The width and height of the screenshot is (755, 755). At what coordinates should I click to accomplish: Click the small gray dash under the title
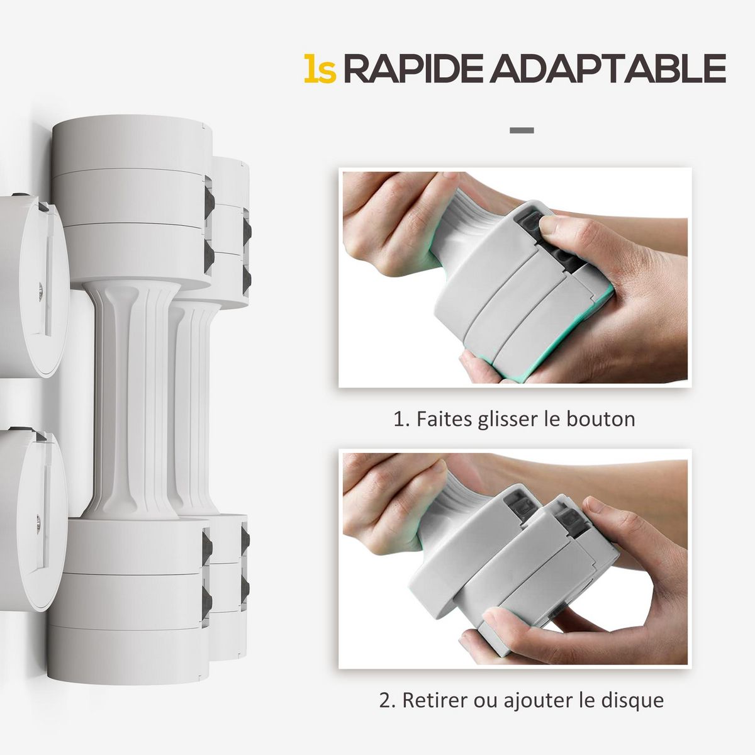(522, 131)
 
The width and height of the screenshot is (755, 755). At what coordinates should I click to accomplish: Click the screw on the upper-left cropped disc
(39, 288)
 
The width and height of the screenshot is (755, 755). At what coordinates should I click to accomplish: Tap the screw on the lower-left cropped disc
(38, 520)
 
